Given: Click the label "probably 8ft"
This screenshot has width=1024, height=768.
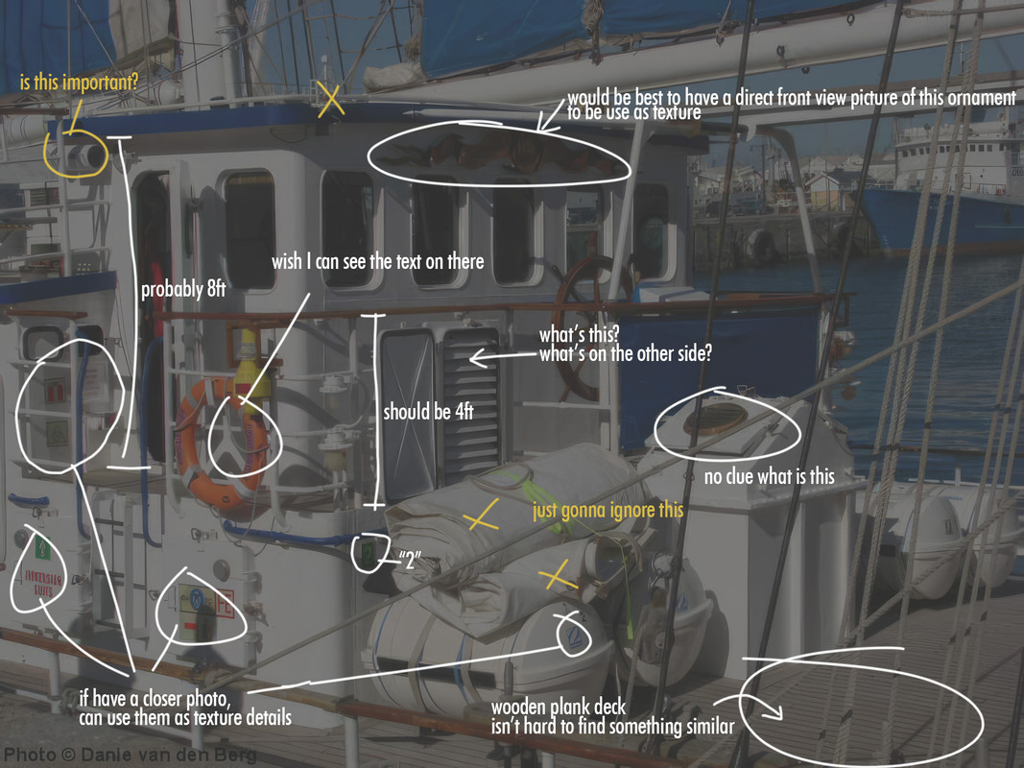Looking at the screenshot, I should (x=183, y=290).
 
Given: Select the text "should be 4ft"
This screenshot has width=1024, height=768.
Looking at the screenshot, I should (x=429, y=412).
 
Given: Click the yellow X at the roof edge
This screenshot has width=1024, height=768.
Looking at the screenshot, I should (x=330, y=101).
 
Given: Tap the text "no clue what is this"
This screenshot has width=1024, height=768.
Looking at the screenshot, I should (x=770, y=476).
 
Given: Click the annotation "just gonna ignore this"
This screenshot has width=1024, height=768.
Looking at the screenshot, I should (x=607, y=509).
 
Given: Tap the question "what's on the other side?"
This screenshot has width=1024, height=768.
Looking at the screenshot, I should (x=625, y=353).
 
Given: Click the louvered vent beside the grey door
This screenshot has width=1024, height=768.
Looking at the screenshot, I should (x=470, y=403).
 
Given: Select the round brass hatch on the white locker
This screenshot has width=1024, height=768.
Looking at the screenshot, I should (x=717, y=419).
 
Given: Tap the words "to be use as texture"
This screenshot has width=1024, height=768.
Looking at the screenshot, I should (x=633, y=113).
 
